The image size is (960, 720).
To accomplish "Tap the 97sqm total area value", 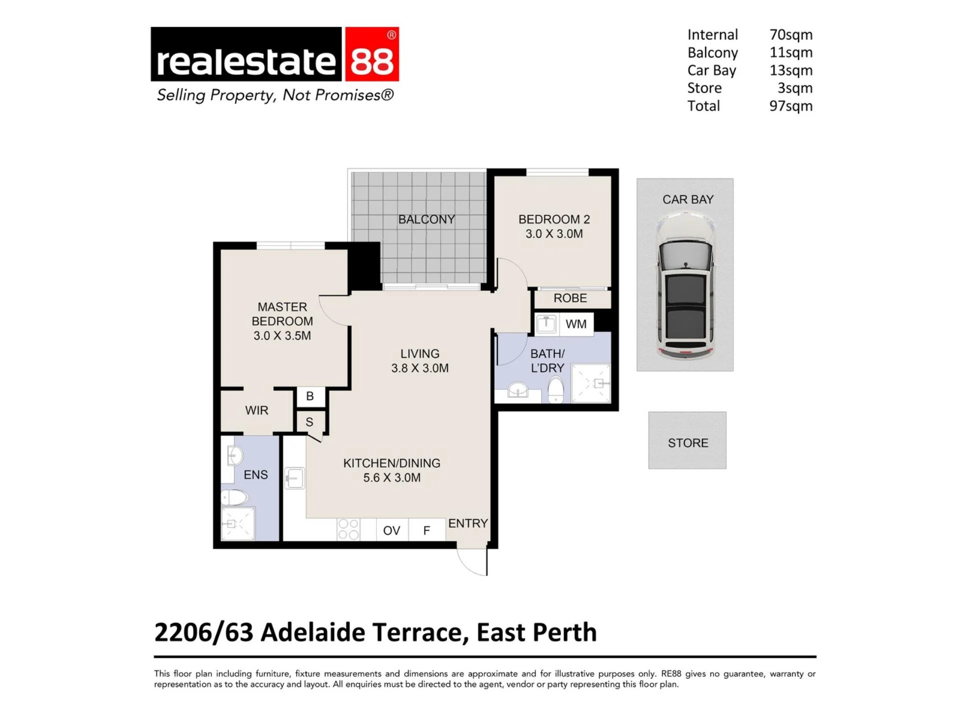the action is point(790,106).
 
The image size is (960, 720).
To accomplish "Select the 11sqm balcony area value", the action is point(790,52).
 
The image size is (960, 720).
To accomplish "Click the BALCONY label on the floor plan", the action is point(426,219).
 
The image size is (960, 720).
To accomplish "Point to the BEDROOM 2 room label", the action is point(554,219).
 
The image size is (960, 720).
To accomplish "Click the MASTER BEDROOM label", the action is point(282,314).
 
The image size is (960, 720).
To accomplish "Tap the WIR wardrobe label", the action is point(256,410).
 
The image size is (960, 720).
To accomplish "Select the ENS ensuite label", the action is point(255,475).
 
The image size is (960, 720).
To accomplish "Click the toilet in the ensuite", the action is point(234,497).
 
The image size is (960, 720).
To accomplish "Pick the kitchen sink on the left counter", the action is point(294,478).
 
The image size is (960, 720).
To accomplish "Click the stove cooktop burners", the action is point(348,529).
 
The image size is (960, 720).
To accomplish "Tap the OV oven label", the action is point(391,530).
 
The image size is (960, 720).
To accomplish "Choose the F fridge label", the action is point(426,530).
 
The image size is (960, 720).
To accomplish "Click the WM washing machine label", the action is point(576,324).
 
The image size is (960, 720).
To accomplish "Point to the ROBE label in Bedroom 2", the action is point(570,298).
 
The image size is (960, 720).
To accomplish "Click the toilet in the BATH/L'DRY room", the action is point(556,389).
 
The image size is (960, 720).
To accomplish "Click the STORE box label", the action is point(688,443).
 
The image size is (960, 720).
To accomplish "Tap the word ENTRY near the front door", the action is point(468,523).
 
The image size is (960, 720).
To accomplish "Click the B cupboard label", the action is point(310,396).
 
